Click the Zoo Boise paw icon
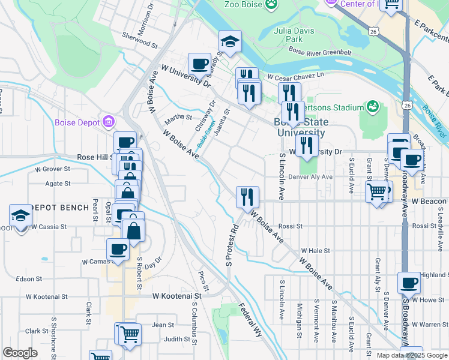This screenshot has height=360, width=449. [273, 4]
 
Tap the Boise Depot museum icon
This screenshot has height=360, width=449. [109, 122]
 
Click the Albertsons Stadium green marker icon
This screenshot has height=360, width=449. [373, 107]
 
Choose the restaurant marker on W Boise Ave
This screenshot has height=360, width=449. [247, 196]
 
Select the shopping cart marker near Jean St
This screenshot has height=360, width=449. [130, 333]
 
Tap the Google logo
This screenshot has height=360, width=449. [20, 353]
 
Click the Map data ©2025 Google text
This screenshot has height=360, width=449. [412, 355]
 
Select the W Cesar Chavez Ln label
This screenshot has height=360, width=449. [295, 77]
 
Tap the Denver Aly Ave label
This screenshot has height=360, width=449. [310, 177]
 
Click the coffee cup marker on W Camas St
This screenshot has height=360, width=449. [117, 248]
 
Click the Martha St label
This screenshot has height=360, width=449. [178, 118]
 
